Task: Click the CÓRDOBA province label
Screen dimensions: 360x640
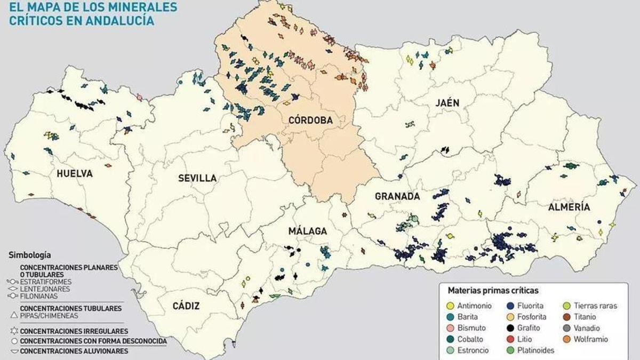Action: tap(310, 121)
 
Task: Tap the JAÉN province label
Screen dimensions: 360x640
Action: tap(446, 103)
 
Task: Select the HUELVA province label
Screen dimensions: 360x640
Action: tap(75, 173)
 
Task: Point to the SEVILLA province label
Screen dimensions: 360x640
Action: tap(197, 178)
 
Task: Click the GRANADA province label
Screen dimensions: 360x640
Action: tap(397, 196)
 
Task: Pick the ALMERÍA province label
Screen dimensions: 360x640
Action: tap(569, 207)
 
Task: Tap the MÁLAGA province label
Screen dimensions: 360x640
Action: tap(307, 231)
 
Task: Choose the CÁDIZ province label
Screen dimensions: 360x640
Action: tap(186, 306)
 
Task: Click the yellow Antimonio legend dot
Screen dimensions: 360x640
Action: tap(451, 306)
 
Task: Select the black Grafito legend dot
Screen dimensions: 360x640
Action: tap(510, 328)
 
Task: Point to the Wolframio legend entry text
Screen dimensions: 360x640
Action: tap(590, 339)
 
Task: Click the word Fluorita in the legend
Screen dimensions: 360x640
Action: tap(530, 306)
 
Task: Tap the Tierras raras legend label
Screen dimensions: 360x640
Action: tap(595, 306)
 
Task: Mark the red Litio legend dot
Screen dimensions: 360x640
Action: tap(510, 339)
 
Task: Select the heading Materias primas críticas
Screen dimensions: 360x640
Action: tap(493, 291)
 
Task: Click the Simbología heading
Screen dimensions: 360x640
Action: tap(30, 255)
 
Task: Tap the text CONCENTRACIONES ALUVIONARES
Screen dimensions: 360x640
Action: tap(74, 351)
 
